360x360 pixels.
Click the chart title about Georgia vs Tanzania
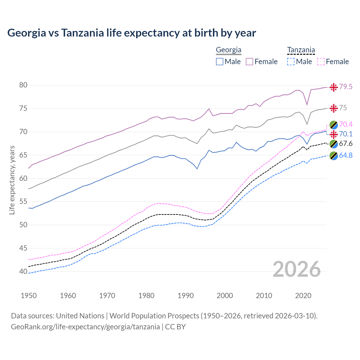pos(132,33)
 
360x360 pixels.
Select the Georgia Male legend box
pos(220,62)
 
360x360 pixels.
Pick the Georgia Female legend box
pos(249,62)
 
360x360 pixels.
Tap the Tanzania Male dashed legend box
pos(291,62)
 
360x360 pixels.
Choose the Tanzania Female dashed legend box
pos(321,62)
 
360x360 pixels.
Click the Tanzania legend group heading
pos(301,50)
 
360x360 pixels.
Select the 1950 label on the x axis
pos(29,296)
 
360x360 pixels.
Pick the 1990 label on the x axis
pos(186,296)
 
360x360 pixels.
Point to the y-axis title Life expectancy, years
pos(12,180)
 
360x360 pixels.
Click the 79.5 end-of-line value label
pos(346,87)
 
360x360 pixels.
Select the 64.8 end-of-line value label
pos(346,155)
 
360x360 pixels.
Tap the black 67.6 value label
pos(346,144)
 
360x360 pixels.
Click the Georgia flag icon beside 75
pos(334,108)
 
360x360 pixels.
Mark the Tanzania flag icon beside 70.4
pos(334,125)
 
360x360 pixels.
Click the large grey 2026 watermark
pos(297,269)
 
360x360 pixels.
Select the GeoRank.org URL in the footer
pos(85,327)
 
